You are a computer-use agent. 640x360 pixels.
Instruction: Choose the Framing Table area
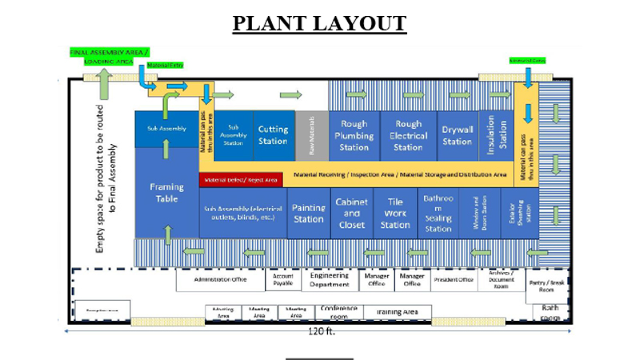[x=166, y=192]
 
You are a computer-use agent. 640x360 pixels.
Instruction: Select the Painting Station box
[x=309, y=214]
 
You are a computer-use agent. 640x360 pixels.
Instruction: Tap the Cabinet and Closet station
[x=352, y=214]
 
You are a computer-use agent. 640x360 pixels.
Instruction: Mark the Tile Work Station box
[x=395, y=214]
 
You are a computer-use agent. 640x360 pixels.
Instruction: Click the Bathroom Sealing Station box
[x=438, y=214]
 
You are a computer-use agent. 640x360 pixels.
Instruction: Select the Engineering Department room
[x=330, y=280]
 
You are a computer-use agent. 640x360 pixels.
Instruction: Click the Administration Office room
[x=221, y=280]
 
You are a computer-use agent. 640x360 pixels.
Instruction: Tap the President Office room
[x=454, y=280]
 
